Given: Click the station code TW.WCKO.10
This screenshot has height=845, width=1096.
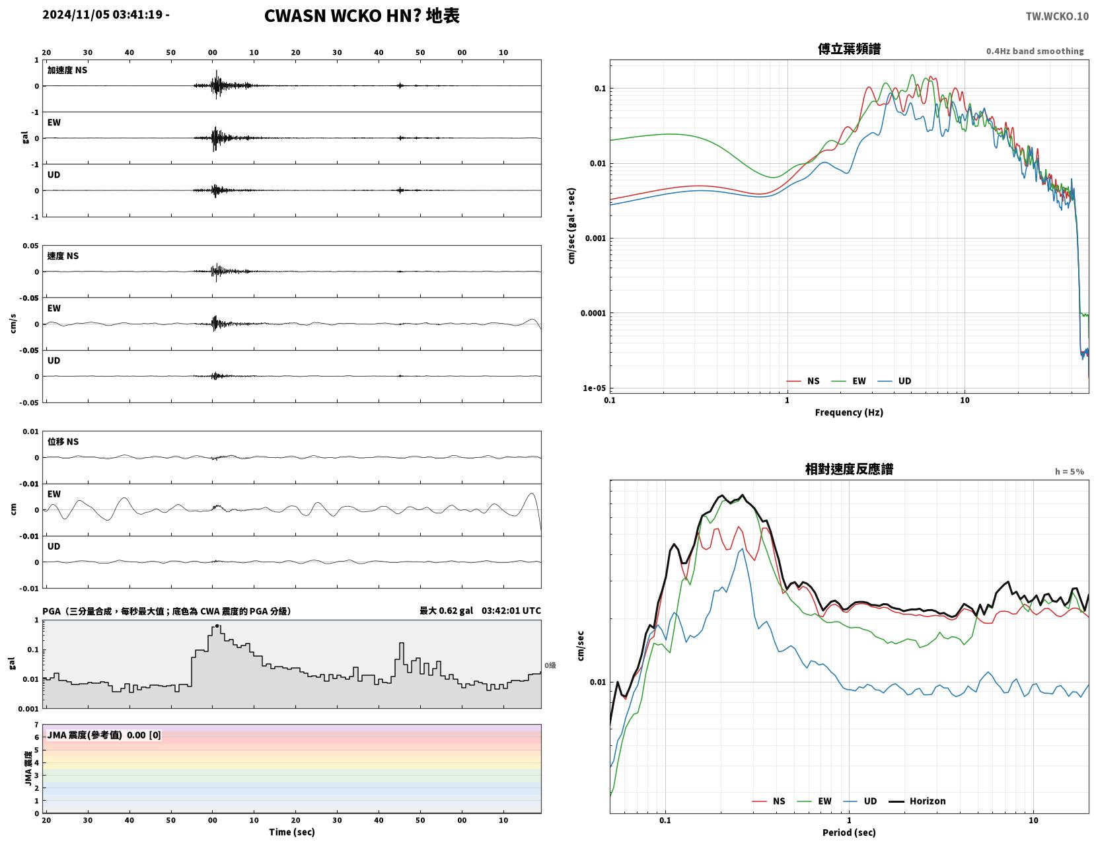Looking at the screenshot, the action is pyautogui.click(x=1056, y=16).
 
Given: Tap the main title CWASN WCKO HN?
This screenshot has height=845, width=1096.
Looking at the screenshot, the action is pyautogui.click(x=342, y=16).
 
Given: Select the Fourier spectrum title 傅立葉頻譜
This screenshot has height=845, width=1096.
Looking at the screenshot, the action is pyautogui.click(x=849, y=49).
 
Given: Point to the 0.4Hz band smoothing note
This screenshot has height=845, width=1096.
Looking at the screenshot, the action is pyautogui.click(x=1035, y=51).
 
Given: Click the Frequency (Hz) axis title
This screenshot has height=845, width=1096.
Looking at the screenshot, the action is pyautogui.click(x=849, y=412).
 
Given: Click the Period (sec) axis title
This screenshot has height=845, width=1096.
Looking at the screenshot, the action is pyautogui.click(x=849, y=832).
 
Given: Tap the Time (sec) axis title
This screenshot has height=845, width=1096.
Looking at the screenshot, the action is pyautogui.click(x=291, y=831).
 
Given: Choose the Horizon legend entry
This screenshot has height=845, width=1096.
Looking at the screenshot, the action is pyautogui.click(x=917, y=801).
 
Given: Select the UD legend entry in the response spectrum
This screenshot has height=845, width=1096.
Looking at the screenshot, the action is pyautogui.click(x=859, y=801).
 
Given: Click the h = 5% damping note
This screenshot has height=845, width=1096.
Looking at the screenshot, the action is pyautogui.click(x=1070, y=472).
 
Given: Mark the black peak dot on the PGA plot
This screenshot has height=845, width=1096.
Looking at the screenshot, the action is pyautogui.click(x=217, y=626).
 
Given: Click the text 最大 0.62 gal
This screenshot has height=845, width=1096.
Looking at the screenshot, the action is pyautogui.click(x=447, y=610).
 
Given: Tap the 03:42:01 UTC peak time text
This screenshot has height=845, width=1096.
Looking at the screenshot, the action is pyautogui.click(x=511, y=610).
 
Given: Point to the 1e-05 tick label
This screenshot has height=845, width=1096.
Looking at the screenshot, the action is pyautogui.click(x=594, y=388).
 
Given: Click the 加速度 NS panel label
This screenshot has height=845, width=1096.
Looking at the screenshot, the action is pyautogui.click(x=67, y=70).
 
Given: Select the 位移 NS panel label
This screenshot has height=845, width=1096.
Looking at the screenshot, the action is pyautogui.click(x=63, y=441).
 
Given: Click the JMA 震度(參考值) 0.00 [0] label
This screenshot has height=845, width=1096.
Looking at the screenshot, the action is pyautogui.click(x=104, y=735).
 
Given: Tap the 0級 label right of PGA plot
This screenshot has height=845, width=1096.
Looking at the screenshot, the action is pyautogui.click(x=550, y=665).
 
